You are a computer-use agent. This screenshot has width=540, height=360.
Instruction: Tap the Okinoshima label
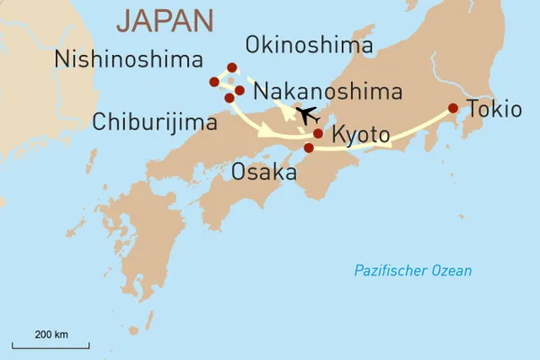[x=309, y=45]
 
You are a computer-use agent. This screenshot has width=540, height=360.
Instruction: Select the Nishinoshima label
[x=128, y=59]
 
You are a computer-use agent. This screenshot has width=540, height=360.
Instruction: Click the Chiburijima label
[x=155, y=121]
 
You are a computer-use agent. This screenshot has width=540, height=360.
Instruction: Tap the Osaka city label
[x=264, y=171]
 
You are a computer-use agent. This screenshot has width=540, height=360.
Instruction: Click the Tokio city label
[x=493, y=111]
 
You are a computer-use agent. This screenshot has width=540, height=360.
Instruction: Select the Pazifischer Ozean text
[x=412, y=271]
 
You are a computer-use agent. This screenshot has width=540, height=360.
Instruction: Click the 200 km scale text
[x=50, y=334]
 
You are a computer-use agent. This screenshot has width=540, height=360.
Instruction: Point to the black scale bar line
[x=50, y=345]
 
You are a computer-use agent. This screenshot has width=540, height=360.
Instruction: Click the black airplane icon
[x=308, y=115]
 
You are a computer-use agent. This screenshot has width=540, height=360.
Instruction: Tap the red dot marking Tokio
[x=453, y=109]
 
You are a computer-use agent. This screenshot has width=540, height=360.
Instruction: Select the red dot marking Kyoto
[x=318, y=133]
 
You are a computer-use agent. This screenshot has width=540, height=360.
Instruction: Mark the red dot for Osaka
[x=309, y=148]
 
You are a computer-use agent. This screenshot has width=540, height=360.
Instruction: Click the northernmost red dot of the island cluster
[x=232, y=67]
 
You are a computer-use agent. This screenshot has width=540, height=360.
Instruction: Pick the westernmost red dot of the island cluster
[x=214, y=82]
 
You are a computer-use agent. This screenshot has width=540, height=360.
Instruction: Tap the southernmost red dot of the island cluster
[x=229, y=97]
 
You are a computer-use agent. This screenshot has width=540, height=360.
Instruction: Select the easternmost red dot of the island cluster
[x=239, y=90]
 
